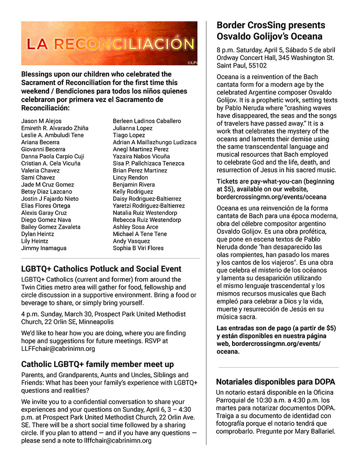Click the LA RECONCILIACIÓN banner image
click(109, 43)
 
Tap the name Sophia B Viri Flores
click(138, 248)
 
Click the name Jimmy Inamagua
click(44, 248)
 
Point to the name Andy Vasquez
click(132, 241)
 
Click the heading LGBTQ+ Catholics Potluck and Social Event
click(101, 269)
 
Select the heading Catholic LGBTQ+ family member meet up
click(97, 365)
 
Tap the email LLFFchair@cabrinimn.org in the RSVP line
click(58, 349)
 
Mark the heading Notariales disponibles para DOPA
click(275, 381)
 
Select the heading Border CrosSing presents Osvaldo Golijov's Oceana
click(271, 30)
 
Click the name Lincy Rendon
click(130, 177)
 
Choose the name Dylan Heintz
click(38, 234)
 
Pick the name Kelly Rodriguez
click(133, 192)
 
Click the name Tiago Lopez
click(129, 135)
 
